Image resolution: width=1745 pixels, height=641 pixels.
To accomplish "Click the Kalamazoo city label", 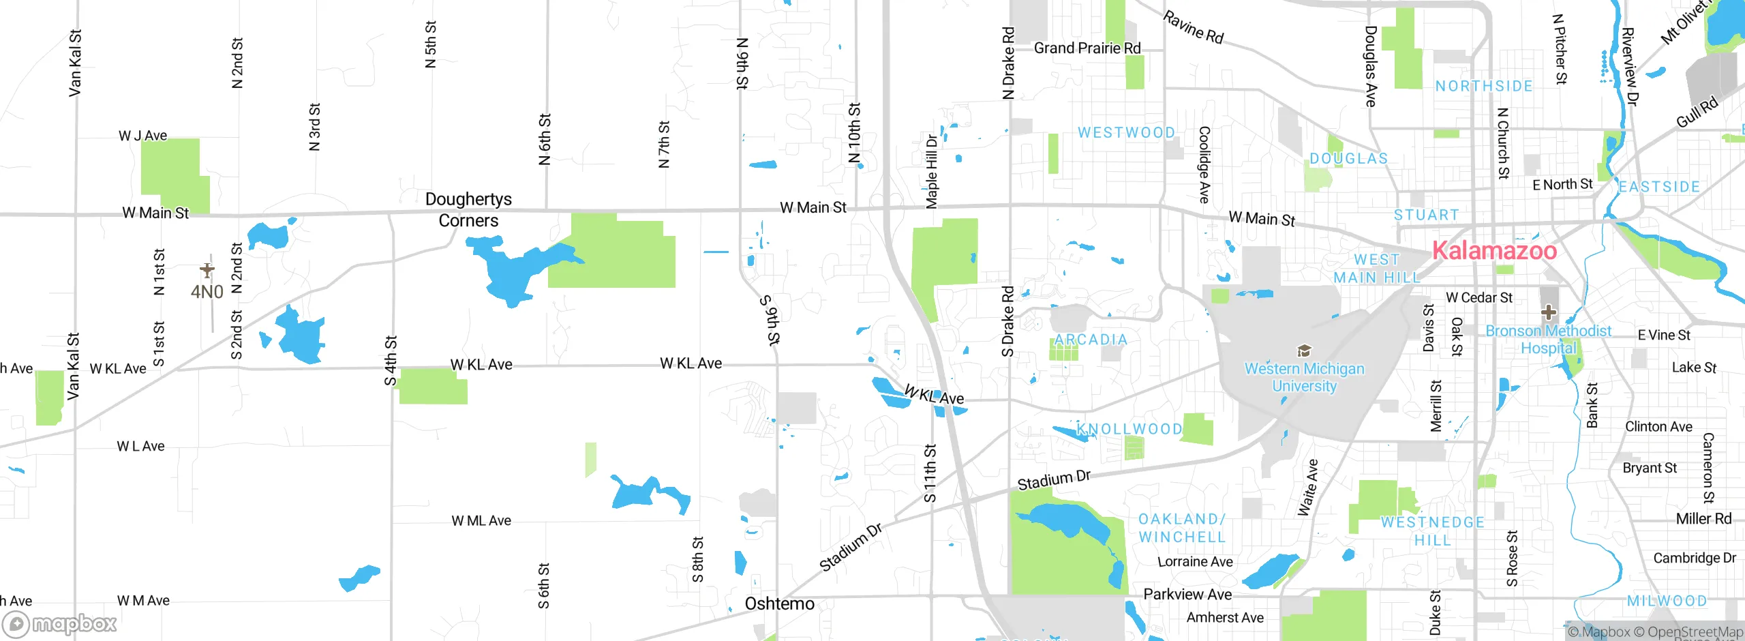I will (1494, 251).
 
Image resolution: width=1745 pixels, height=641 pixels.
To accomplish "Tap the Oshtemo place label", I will (779, 603).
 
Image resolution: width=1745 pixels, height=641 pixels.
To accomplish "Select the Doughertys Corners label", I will (468, 209).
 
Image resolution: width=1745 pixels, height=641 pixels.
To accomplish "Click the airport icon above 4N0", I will (207, 270).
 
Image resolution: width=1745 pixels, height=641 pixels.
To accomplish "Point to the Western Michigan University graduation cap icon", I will (1304, 351).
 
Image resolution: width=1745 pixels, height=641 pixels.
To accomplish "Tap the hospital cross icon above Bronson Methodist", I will (1548, 312).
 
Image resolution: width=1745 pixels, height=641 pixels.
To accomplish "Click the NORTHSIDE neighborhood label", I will (1484, 86).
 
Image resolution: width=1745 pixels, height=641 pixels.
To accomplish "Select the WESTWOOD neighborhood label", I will (1126, 132).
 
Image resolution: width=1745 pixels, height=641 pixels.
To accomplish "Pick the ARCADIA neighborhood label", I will (1091, 340).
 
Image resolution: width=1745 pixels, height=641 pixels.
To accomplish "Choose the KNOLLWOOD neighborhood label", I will (1129, 429).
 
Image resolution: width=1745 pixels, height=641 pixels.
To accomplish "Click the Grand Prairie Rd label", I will (1087, 48).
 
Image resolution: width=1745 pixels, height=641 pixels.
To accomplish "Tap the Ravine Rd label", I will (1193, 27).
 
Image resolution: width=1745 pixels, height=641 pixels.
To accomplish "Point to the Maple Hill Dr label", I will (932, 172).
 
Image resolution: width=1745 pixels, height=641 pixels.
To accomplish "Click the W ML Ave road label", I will (481, 521).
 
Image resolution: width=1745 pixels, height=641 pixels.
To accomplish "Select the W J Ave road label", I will (142, 136).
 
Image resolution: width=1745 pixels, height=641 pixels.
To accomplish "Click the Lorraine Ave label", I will (1195, 562).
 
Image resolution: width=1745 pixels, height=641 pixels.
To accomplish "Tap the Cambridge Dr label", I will (1695, 558).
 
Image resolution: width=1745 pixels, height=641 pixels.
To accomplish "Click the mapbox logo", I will (60, 623).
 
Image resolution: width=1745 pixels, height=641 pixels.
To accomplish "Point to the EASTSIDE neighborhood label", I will (1659, 187).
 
